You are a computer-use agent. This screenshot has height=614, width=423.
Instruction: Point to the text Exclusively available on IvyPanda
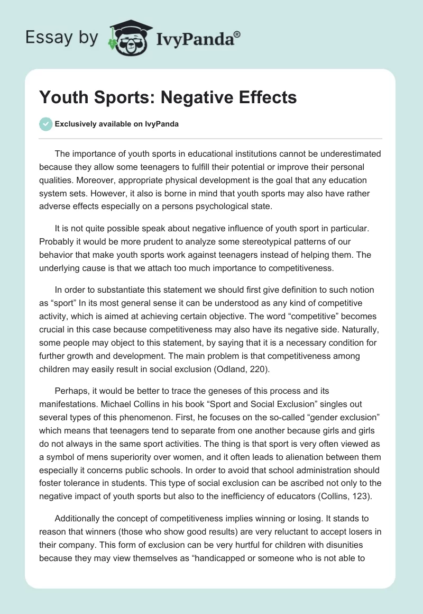[x=116, y=124]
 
